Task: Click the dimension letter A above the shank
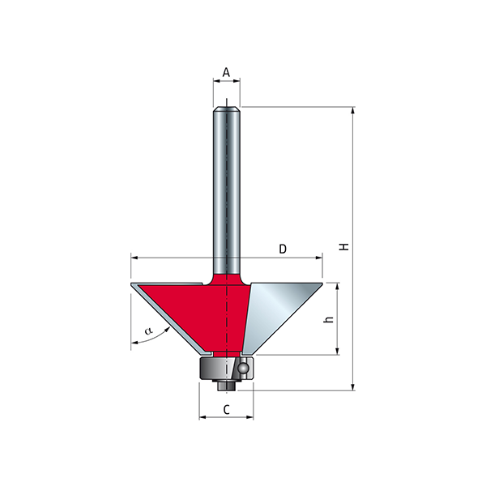pyautogui.click(x=226, y=73)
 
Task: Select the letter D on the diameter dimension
pyautogui.click(x=283, y=249)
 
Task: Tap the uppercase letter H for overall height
pyautogui.click(x=344, y=247)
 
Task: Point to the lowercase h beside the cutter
pyautogui.click(x=329, y=319)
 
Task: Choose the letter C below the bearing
pyautogui.click(x=227, y=409)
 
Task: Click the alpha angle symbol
pyautogui.click(x=149, y=330)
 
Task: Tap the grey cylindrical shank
pyautogui.click(x=227, y=189)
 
